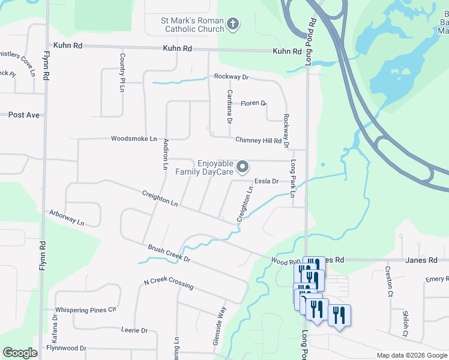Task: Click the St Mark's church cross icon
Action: click(x=234, y=25)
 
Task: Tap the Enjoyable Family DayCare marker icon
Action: click(x=243, y=166)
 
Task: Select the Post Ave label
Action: click(x=23, y=115)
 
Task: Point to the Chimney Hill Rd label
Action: click(x=258, y=140)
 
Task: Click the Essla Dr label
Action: click(x=267, y=181)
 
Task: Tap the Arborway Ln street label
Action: click(x=67, y=217)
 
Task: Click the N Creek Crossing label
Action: click(x=169, y=283)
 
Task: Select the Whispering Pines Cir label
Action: click(x=85, y=310)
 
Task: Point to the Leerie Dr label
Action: click(x=134, y=331)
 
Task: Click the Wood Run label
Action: click(x=285, y=262)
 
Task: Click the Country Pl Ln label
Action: click(x=122, y=73)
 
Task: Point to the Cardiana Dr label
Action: click(x=229, y=104)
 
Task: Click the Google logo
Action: click(x=20, y=353)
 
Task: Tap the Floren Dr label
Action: click(x=253, y=103)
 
